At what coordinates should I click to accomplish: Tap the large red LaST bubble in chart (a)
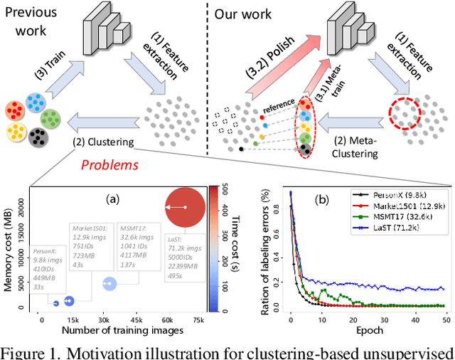point(186,206)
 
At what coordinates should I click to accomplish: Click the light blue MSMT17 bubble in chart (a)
point(109,284)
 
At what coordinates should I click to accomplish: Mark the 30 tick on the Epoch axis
point(377,318)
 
